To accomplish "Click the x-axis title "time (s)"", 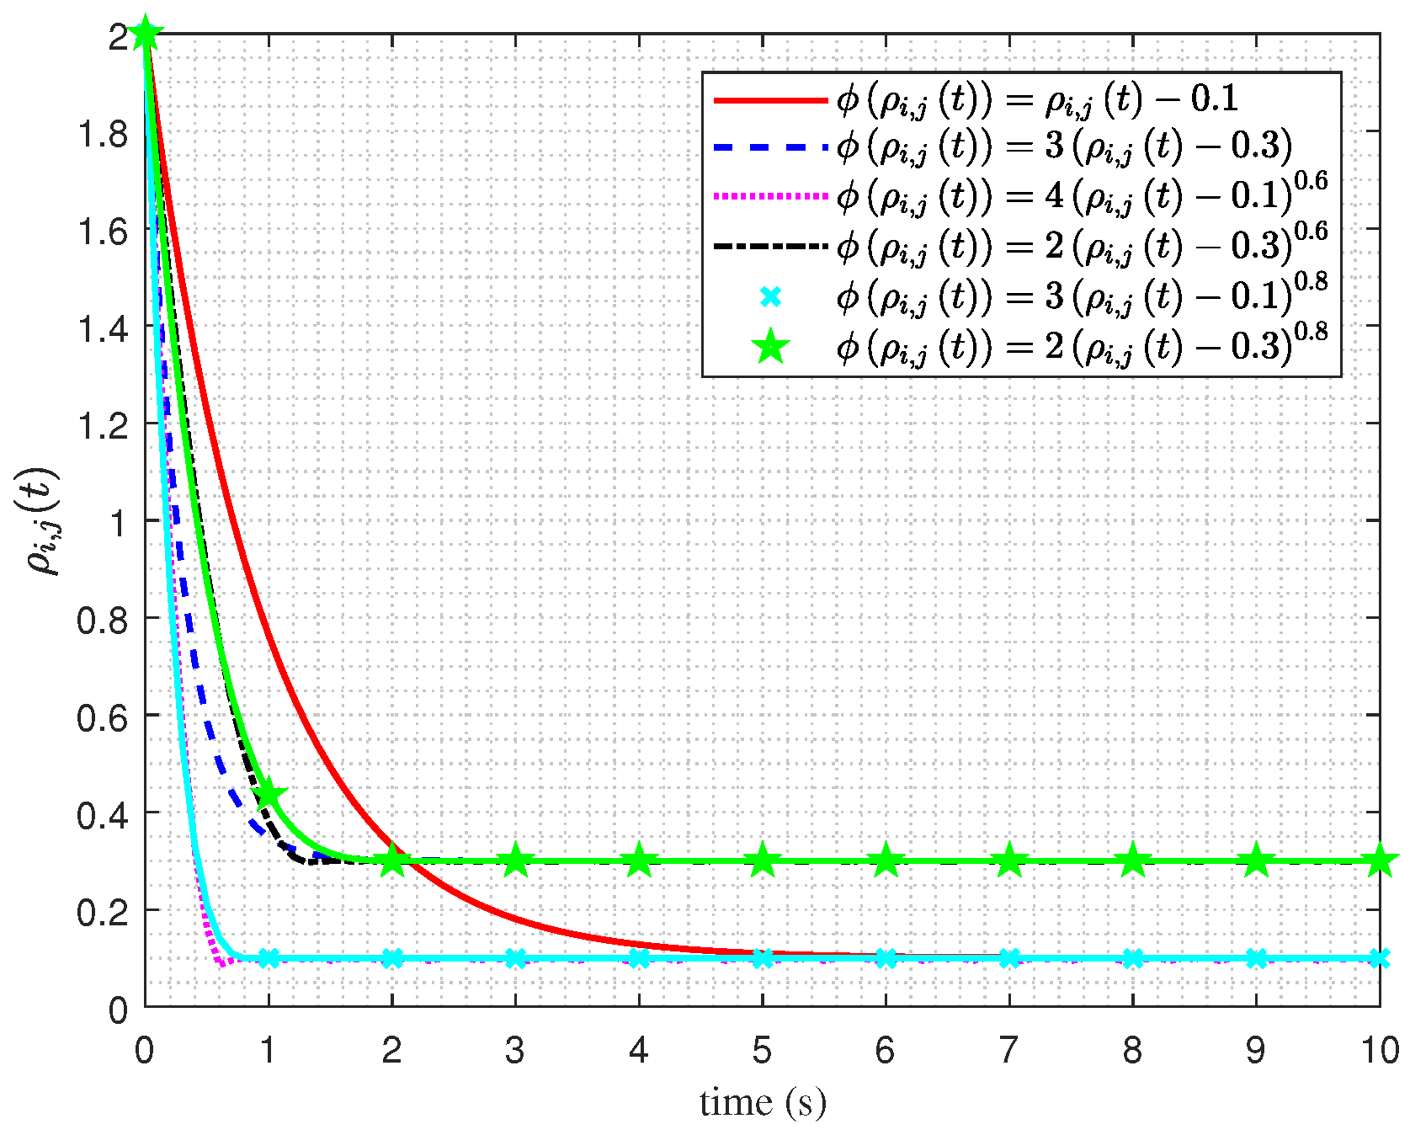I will (763, 1102).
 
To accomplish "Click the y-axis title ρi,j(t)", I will (42, 521).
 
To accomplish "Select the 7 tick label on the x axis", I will (1008, 1050).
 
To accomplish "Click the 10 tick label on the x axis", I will (1379, 1050).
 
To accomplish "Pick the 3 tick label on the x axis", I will (515, 1050).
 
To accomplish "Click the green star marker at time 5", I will (763, 861).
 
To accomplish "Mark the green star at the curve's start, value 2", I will (146, 35).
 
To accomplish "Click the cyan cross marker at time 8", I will (1133, 958).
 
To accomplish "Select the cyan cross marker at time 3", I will (515, 958).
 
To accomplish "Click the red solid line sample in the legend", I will (770, 100).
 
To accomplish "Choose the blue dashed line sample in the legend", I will (770, 148).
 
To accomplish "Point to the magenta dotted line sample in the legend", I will (770, 197).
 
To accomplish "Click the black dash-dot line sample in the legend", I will (770, 246).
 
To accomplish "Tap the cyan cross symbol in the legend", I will (770, 296).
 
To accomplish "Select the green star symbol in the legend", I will (770, 346).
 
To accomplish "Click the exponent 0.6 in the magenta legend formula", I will (1311, 181).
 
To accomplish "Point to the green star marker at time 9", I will (1256, 861).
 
